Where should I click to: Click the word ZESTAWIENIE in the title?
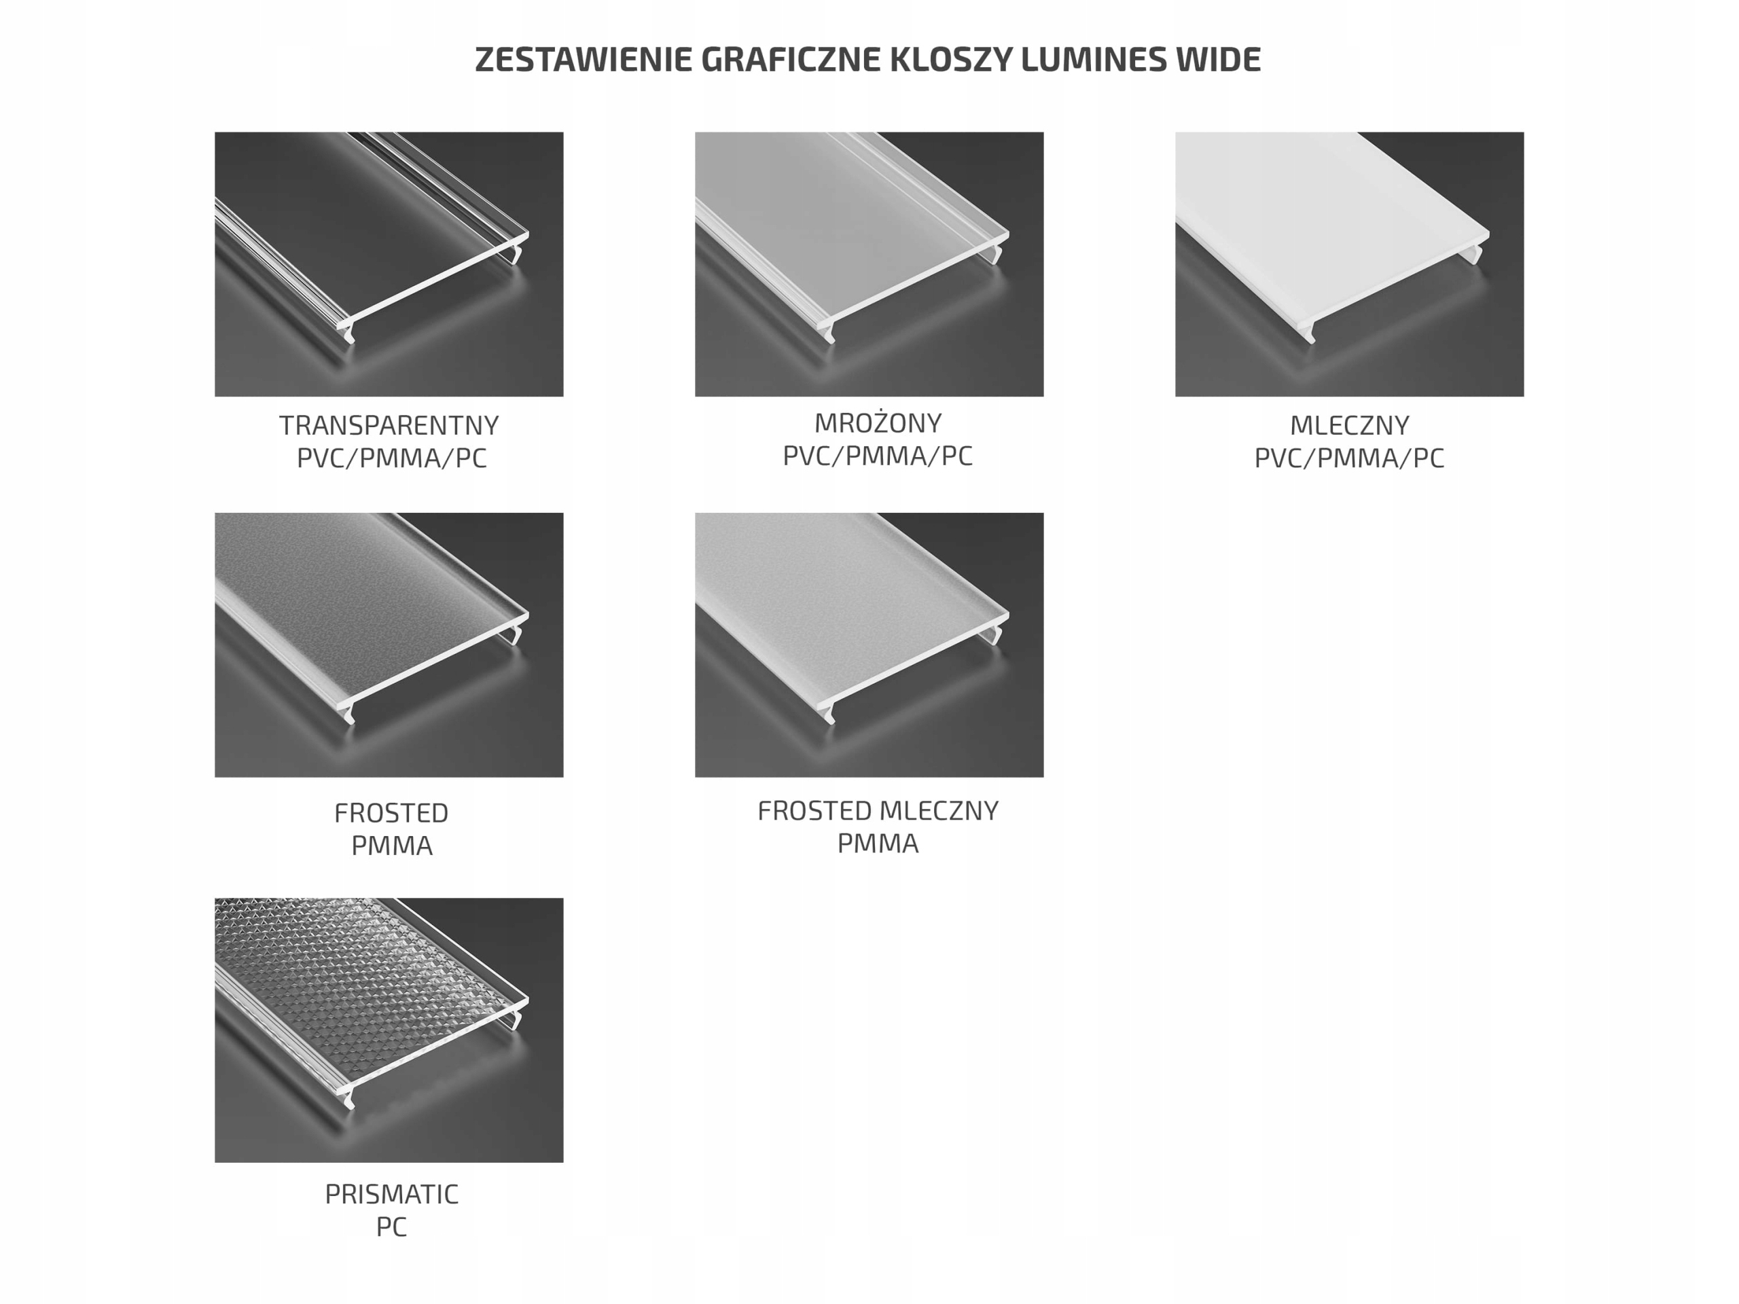[584, 60]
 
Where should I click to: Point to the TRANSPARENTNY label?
[389, 425]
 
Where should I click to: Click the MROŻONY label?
[878, 423]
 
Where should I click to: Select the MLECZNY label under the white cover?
[1349, 425]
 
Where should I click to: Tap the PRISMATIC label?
[391, 1194]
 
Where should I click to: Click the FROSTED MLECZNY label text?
[878, 810]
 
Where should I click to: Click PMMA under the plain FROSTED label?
[391, 845]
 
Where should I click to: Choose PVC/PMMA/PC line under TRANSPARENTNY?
[391, 458]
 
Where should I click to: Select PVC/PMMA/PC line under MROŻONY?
[878, 455]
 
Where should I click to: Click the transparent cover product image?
[389, 264]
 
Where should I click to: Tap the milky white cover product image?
[1349, 264]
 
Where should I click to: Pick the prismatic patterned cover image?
[389, 1030]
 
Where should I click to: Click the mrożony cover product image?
[869, 264]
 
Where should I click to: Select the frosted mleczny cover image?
[869, 645]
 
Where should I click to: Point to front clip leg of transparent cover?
[348, 333]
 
